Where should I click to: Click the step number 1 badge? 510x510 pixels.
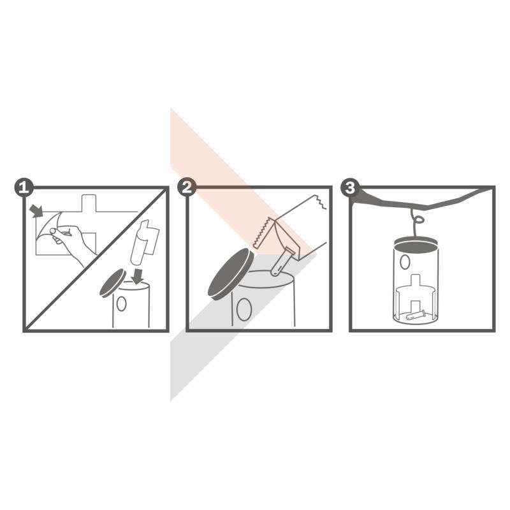pyautogui.click(x=24, y=187)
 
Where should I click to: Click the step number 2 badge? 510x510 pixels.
pyautogui.click(x=187, y=187)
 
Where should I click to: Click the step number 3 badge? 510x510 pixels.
pyautogui.click(x=350, y=187)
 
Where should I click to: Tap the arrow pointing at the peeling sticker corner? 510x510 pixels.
pyautogui.click(x=36, y=211)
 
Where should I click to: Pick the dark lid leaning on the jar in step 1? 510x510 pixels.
pyautogui.click(x=113, y=282)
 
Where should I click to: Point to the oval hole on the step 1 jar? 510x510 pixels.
pyautogui.click(x=121, y=303)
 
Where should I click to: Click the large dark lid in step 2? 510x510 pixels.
pyautogui.click(x=231, y=273)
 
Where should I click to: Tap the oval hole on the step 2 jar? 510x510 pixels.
pyautogui.click(x=244, y=309)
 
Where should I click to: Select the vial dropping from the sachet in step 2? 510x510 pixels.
pyautogui.click(x=282, y=261)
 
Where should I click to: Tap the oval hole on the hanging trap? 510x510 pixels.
pyautogui.click(x=405, y=262)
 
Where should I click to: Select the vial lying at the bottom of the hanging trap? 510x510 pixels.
pyautogui.click(x=415, y=314)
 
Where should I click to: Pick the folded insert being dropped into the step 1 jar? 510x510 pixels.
pyautogui.click(x=145, y=242)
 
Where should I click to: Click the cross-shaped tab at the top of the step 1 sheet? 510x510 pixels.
pyautogui.click(x=89, y=203)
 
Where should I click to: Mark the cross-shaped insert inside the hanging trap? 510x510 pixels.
pyautogui.click(x=416, y=296)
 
